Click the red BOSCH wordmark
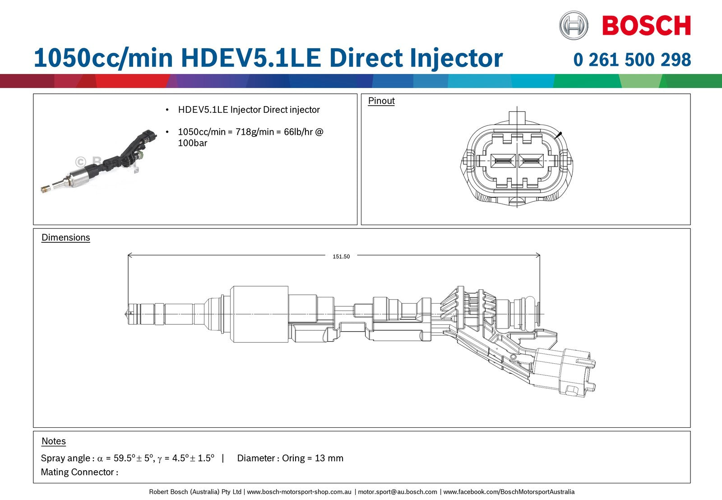click(646, 25)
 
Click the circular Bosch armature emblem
click(574, 25)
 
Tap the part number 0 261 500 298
click(632, 60)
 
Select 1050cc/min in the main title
click(103, 59)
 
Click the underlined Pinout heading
click(381, 101)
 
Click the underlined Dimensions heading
click(65, 238)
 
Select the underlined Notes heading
click(54, 441)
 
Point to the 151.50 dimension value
click(341, 256)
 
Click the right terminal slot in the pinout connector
click(531, 161)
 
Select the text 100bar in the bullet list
click(192, 143)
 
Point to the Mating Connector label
click(79, 472)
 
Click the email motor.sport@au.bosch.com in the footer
click(398, 492)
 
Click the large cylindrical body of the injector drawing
click(259, 314)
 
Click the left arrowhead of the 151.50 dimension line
click(130, 255)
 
